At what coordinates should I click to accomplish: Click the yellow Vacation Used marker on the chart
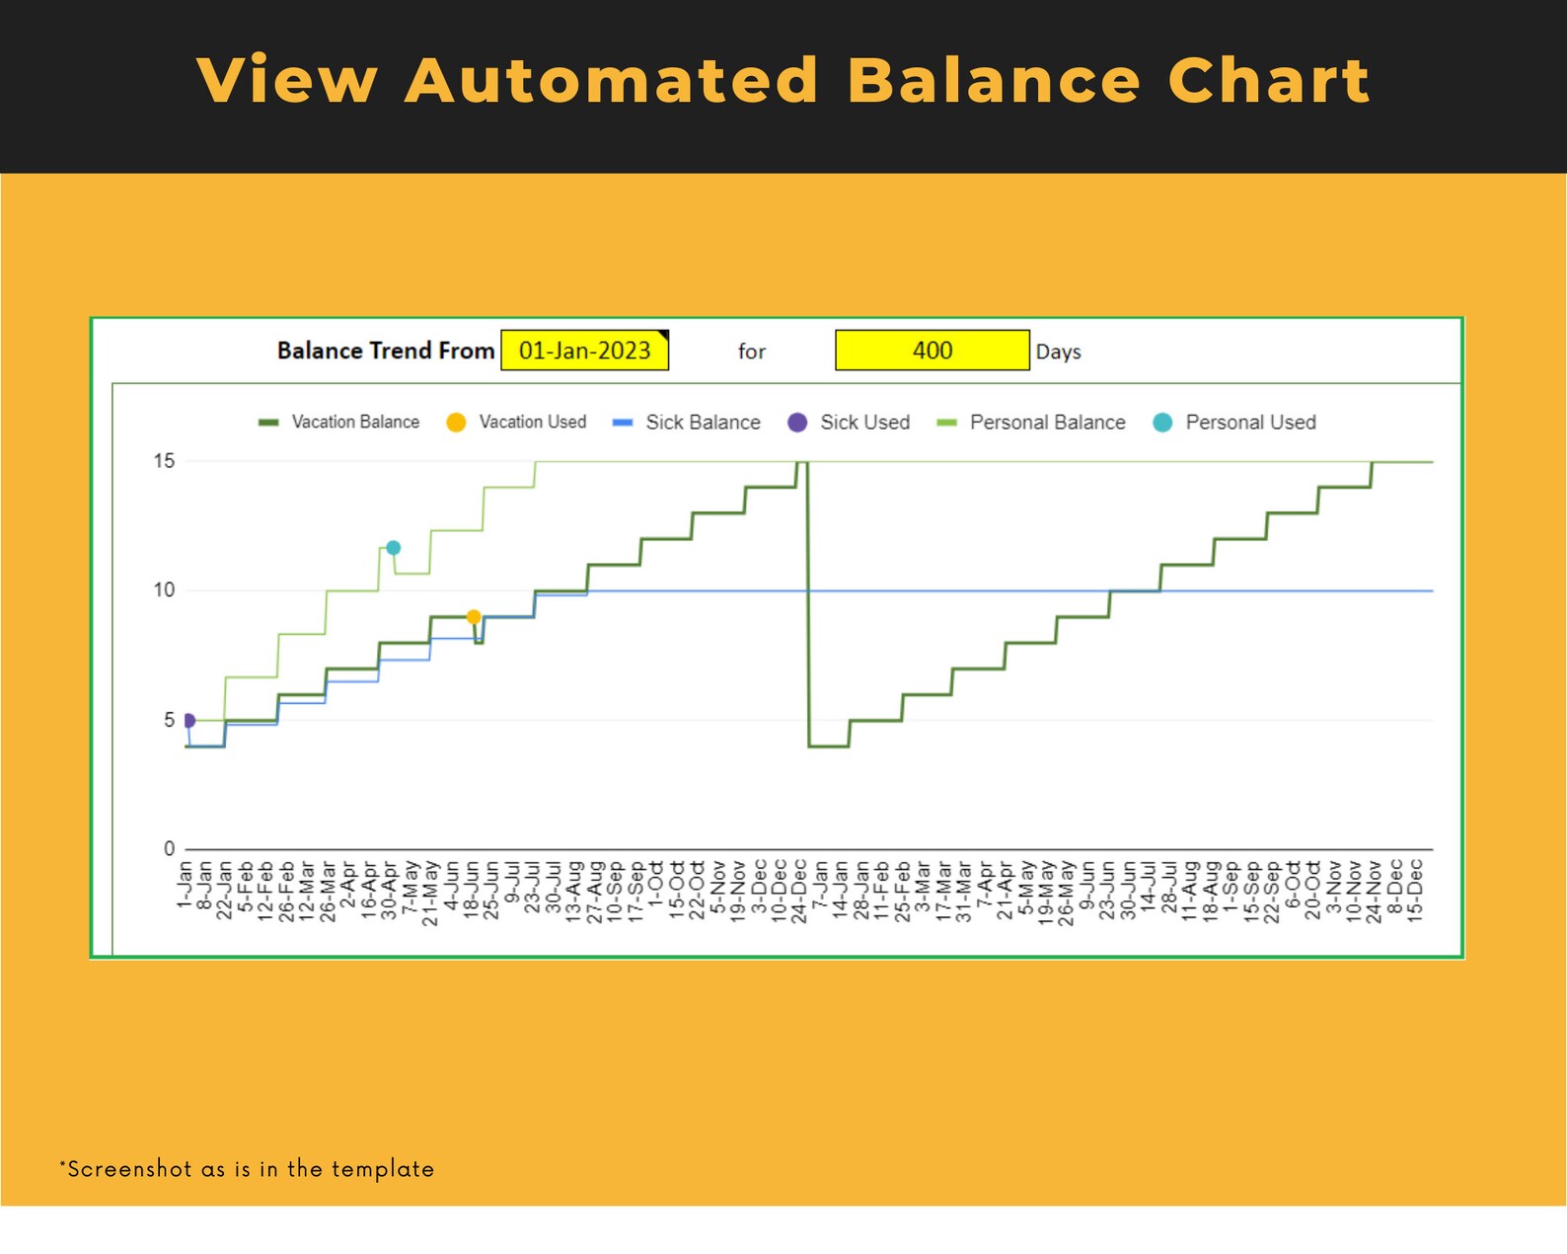pyautogui.click(x=474, y=617)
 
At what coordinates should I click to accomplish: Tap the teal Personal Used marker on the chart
pyautogui.click(x=393, y=548)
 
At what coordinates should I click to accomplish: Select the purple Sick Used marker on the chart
pyautogui.click(x=188, y=721)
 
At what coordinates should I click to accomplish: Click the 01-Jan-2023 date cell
pyautogui.click(x=584, y=351)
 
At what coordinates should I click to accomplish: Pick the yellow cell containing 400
pyautogui.click(x=932, y=351)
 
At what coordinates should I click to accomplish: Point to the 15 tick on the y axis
pyautogui.click(x=164, y=461)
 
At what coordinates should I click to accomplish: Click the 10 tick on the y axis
pyautogui.click(x=164, y=590)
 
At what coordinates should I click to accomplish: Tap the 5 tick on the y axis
pyautogui.click(x=169, y=720)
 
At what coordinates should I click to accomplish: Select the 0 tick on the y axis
pyautogui.click(x=169, y=849)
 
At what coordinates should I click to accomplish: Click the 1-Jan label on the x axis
pyautogui.click(x=185, y=886)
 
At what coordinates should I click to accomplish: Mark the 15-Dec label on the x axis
pyautogui.click(x=1415, y=891)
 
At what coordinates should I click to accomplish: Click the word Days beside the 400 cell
pyautogui.click(x=1058, y=353)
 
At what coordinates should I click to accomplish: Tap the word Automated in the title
pyautogui.click(x=612, y=81)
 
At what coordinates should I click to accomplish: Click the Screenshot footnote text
pyautogui.click(x=247, y=1169)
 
